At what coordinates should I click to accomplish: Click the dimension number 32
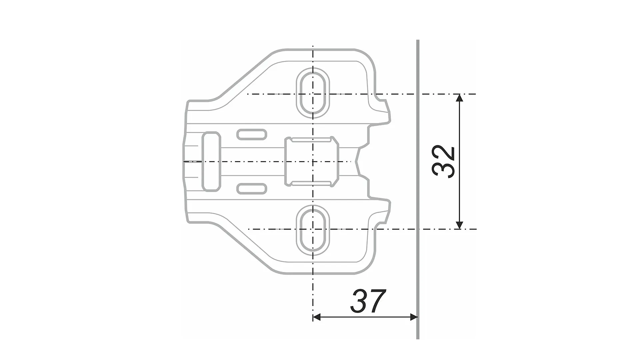(x=444, y=162)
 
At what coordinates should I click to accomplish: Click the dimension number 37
(x=368, y=301)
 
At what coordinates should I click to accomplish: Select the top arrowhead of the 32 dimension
(x=459, y=98)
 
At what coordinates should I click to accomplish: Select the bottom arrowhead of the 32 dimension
(x=459, y=225)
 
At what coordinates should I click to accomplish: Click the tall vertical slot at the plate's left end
(x=211, y=162)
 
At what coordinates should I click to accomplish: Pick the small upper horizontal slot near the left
(x=252, y=134)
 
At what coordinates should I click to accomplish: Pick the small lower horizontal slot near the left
(x=252, y=189)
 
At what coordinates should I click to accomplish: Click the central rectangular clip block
(x=312, y=162)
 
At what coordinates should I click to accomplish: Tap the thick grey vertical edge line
(x=418, y=187)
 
